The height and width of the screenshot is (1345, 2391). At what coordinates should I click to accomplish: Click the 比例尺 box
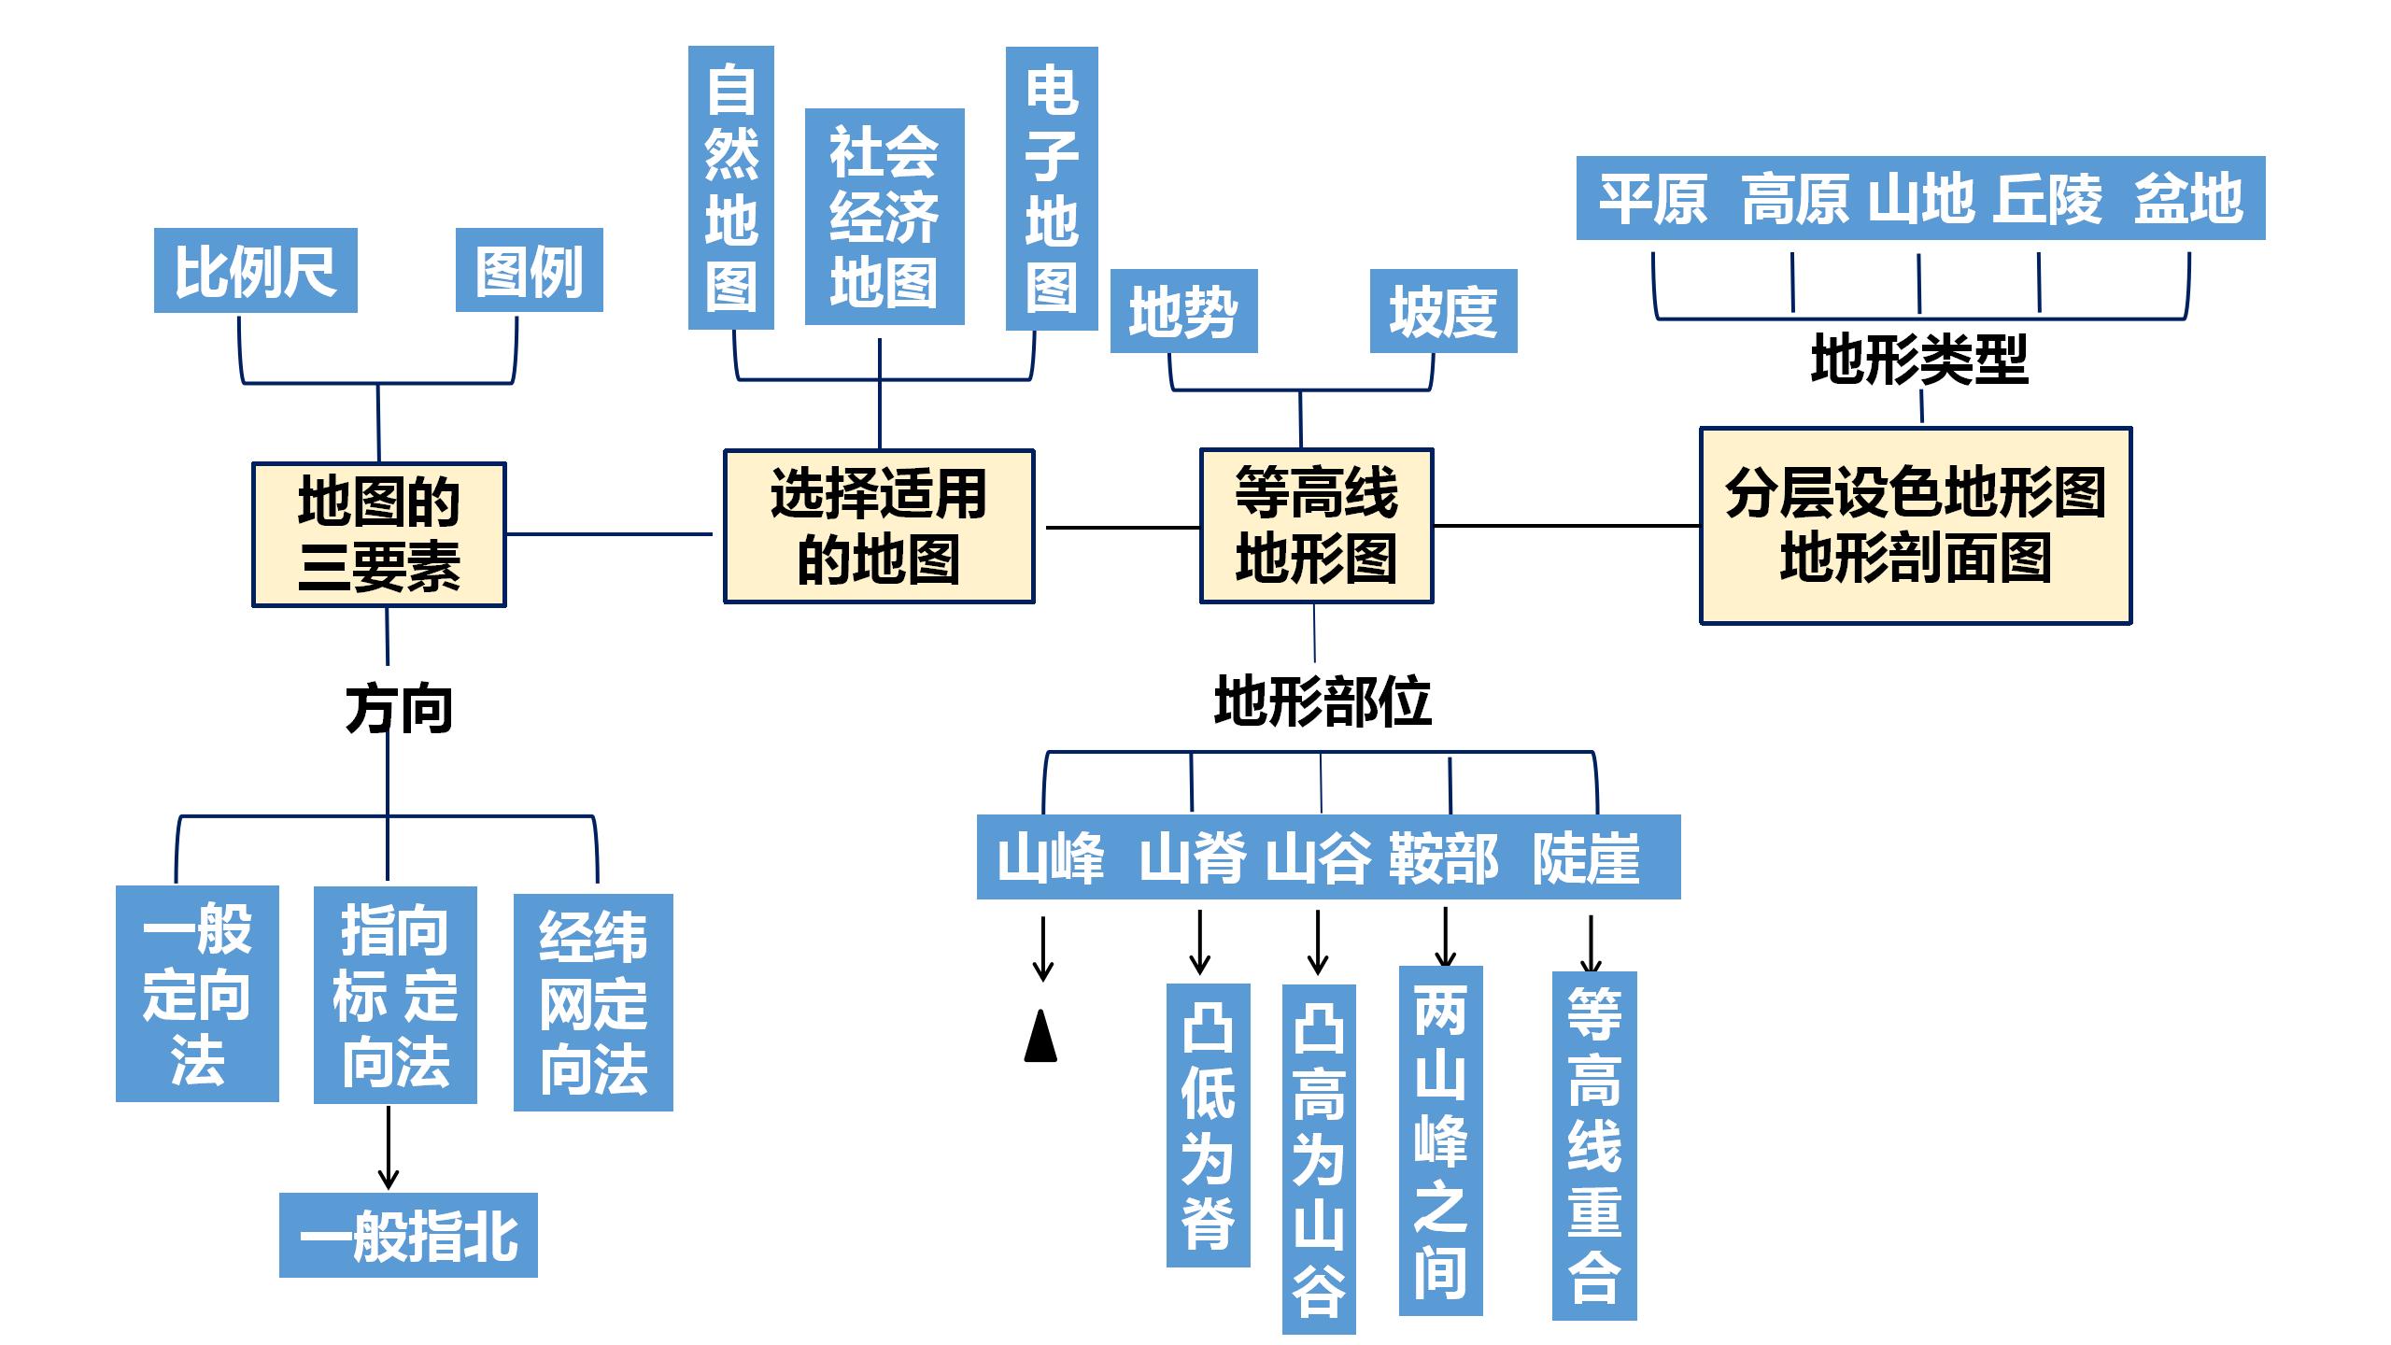pyautogui.click(x=255, y=271)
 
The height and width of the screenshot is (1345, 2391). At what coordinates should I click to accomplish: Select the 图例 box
pyautogui.click(x=529, y=271)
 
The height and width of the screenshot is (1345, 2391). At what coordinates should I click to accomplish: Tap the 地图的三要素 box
pyautogui.click(x=378, y=534)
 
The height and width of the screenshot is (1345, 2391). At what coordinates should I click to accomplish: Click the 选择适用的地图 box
pyautogui.click(x=879, y=527)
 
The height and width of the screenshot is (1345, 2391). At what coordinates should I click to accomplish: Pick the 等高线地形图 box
pyautogui.click(x=1316, y=526)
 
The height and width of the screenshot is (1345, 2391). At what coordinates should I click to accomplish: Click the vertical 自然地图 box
pyautogui.click(x=730, y=188)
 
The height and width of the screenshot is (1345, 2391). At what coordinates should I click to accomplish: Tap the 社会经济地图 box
pyautogui.click(x=884, y=217)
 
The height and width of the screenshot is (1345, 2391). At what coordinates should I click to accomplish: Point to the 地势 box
pyautogui.click(x=1183, y=311)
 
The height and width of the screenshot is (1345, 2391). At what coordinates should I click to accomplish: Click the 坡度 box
pyautogui.click(x=1443, y=311)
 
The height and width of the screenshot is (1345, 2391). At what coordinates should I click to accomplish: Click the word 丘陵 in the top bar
pyautogui.click(x=2047, y=199)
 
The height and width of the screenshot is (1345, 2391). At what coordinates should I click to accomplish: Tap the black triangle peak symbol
pyautogui.click(x=1040, y=1036)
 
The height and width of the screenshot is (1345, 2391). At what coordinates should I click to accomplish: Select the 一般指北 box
pyautogui.click(x=408, y=1235)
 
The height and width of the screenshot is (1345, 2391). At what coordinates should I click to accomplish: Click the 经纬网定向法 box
pyautogui.click(x=593, y=1002)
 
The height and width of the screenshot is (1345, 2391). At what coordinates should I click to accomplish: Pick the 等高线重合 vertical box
pyautogui.click(x=1593, y=1145)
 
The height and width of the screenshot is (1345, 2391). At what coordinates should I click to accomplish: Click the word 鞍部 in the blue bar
pyautogui.click(x=1442, y=858)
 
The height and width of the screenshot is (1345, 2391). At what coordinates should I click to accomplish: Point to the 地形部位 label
pyautogui.click(x=1322, y=701)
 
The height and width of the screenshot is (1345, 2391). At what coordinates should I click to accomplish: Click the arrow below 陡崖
pyautogui.click(x=1591, y=943)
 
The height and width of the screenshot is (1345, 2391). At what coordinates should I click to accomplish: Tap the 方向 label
pyautogui.click(x=399, y=709)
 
